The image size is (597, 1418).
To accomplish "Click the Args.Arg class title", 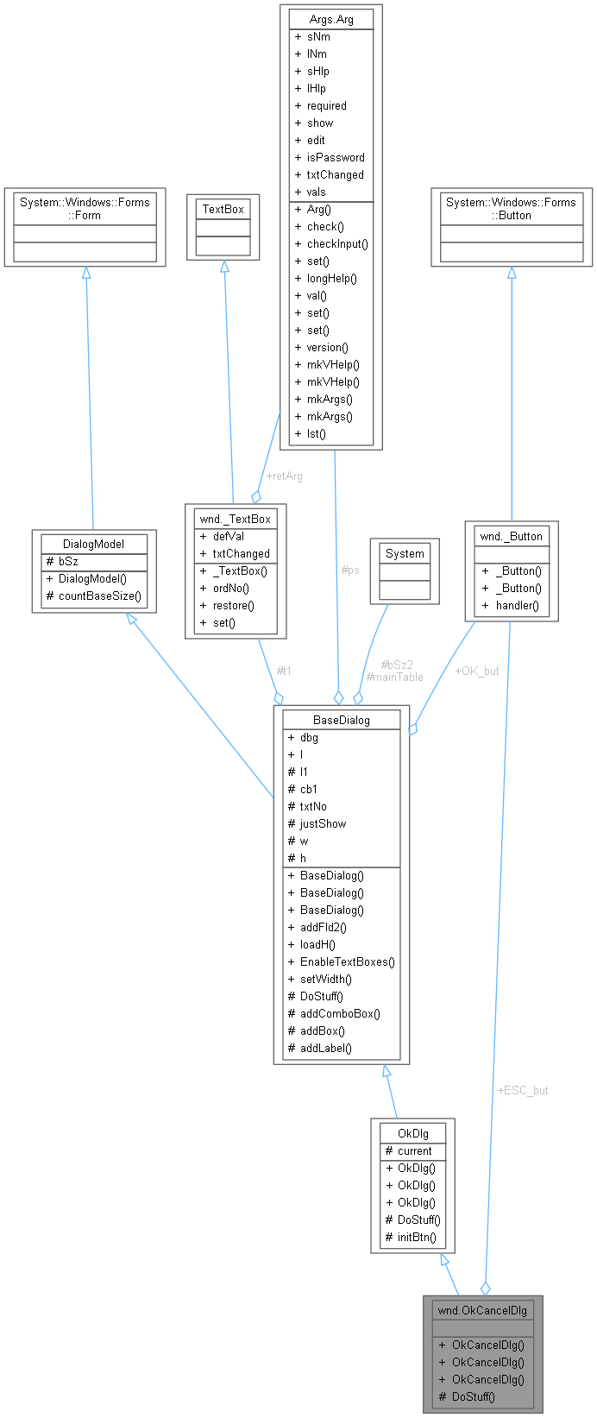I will pyautogui.click(x=331, y=18).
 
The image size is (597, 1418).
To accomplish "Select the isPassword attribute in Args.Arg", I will pyautogui.click(x=336, y=157).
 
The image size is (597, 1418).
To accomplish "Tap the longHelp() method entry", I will pyautogui.click(x=332, y=278).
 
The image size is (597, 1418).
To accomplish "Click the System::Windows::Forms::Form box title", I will pyautogui.click(x=85, y=209).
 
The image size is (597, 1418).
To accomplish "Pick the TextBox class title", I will pyautogui.click(x=223, y=209).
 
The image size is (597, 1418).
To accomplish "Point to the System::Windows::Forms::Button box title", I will pyautogui.click(x=512, y=209).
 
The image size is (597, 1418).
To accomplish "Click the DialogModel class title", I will pyautogui.click(x=94, y=544).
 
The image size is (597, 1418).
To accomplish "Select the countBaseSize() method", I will pyautogui.click(x=100, y=596).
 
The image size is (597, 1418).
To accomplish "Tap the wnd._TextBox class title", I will pyautogui.click(x=230, y=519).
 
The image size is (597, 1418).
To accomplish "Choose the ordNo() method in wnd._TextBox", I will pyautogui.click(x=231, y=588).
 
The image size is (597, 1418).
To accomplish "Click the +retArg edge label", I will pyautogui.click(x=284, y=476).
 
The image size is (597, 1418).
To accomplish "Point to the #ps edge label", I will pyautogui.click(x=349, y=570).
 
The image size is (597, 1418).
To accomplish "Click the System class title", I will pyautogui.click(x=405, y=553).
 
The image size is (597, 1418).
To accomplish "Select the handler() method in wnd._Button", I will pyautogui.click(x=517, y=605).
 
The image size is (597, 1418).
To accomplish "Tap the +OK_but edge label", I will pyautogui.click(x=476, y=670).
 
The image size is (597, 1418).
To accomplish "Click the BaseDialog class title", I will pyautogui.click(x=341, y=720).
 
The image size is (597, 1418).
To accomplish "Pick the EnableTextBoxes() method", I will pyautogui.click(x=347, y=961).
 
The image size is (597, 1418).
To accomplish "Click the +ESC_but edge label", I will pyautogui.click(x=523, y=1090).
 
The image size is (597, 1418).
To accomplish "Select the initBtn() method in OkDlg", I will pyautogui.click(x=417, y=1237).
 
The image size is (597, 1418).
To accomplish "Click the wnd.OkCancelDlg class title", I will pyautogui.click(x=482, y=1310).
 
